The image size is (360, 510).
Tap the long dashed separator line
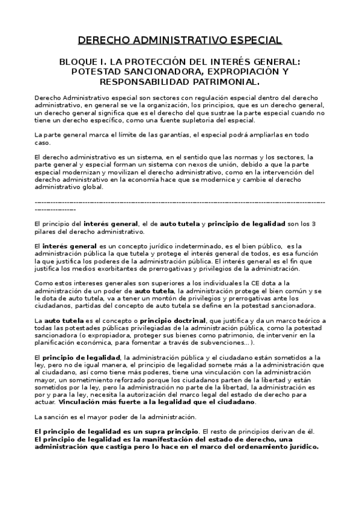(x=180, y=203)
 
